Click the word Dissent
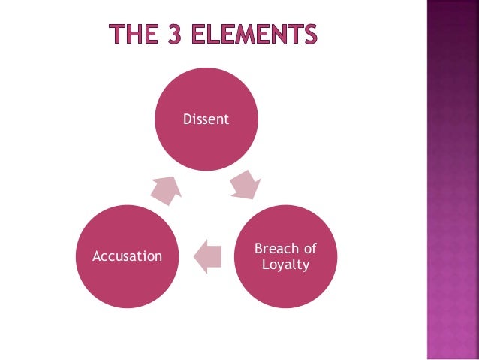(206, 119)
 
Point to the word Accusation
(127, 256)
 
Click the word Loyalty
(285, 265)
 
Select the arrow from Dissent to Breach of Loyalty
(244, 184)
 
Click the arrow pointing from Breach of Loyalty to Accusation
(206, 256)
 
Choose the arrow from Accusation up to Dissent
(165, 189)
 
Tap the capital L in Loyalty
(266, 265)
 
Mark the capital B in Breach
(259, 249)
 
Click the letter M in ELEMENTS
(258, 34)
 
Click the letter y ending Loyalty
(306, 266)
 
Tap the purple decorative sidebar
(452, 180)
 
